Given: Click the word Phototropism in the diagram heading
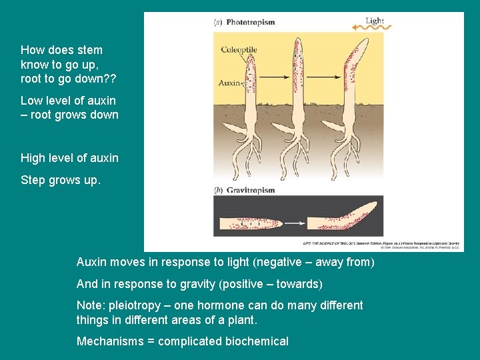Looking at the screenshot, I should [x=250, y=22].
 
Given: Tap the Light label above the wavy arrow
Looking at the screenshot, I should [x=375, y=21].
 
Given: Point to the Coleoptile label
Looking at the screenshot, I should [x=239, y=50].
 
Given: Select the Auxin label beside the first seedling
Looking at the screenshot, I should [x=229, y=83].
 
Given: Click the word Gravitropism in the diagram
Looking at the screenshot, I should [x=250, y=190].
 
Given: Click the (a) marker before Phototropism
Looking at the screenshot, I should [x=218, y=22].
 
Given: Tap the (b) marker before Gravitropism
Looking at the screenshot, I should [x=218, y=190].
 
